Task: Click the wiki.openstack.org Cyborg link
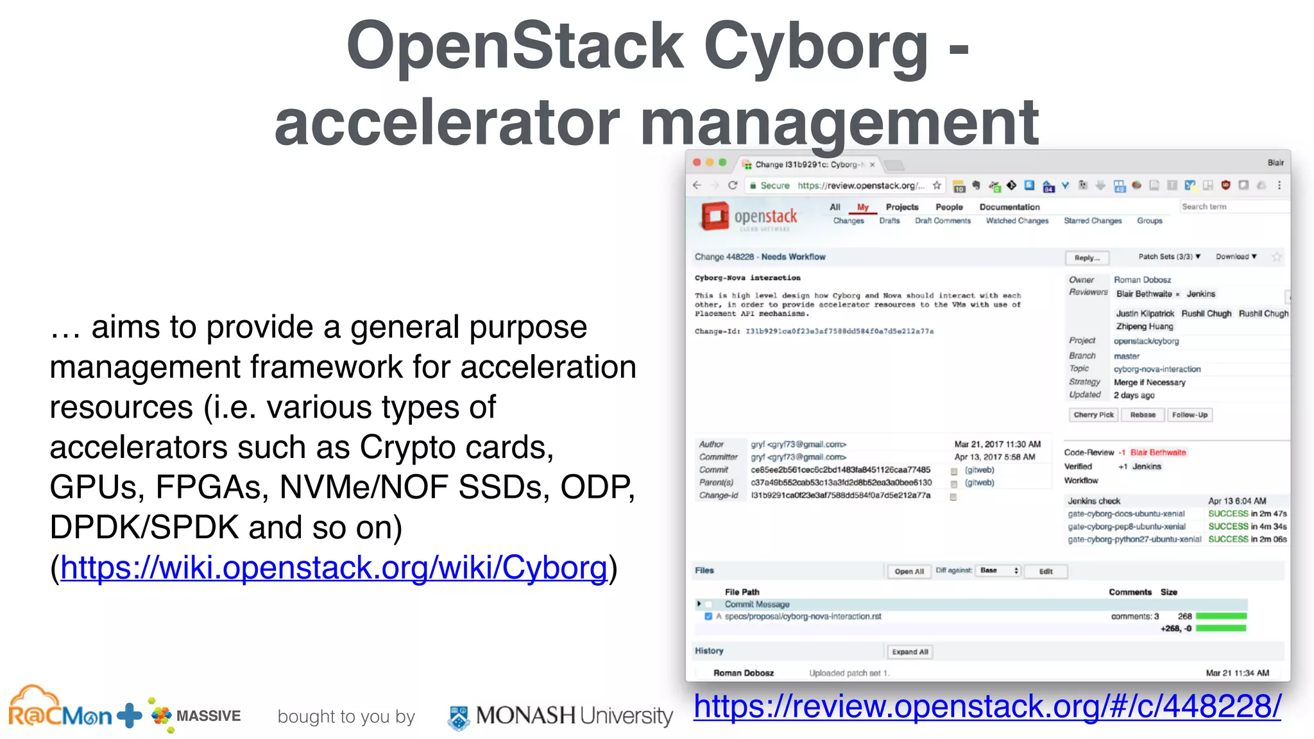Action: tap(334, 568)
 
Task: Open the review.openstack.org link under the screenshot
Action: tap(987, 707)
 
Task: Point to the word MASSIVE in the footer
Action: tap(209, 716)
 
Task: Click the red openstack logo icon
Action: tap(715, 216)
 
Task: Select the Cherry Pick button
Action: tap(1093, 415)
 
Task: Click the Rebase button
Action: tap(1143, 415)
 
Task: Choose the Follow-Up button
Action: tap(1190, 415)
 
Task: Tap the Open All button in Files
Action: tap(909, 572)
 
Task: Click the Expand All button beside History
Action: tap(910, 652)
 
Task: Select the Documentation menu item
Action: tap(1009, 207)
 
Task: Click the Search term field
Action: tap(1232, 207)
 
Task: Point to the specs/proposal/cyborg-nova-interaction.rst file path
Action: tap(803, 616)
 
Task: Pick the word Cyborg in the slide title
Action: tap(815, 46)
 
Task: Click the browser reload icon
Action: tap(733, 185)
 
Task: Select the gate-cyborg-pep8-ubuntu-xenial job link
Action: tap(1126, 527)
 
